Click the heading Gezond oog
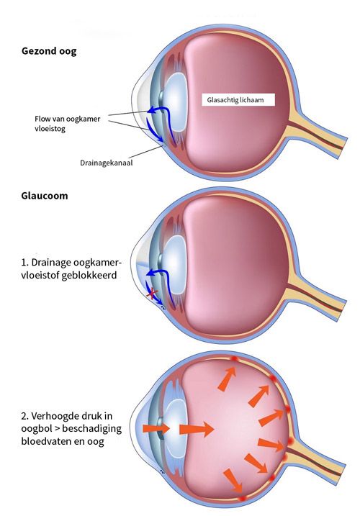49,51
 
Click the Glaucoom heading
45,196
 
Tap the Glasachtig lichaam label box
238,100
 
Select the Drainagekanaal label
107,163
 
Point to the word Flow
42,119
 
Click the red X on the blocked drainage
152,293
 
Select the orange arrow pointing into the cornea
156,428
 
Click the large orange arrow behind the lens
197,429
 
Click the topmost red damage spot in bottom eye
235,359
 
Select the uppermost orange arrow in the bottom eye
228,379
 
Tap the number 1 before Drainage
23,263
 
